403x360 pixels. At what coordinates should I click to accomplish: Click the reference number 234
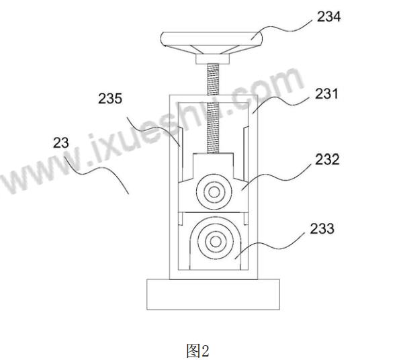tap(328, 17)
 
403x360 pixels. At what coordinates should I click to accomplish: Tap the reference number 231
tap(326, 93)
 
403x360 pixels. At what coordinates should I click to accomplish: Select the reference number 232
tap(327, 159)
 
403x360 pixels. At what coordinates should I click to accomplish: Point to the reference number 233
tap(322, 228)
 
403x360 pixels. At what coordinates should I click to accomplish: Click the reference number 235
tap(110, 99)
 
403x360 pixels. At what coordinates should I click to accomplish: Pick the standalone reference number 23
tap(61, 143)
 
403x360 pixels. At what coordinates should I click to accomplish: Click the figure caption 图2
tap(197, 351)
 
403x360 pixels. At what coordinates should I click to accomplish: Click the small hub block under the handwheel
tap(212, 59)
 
